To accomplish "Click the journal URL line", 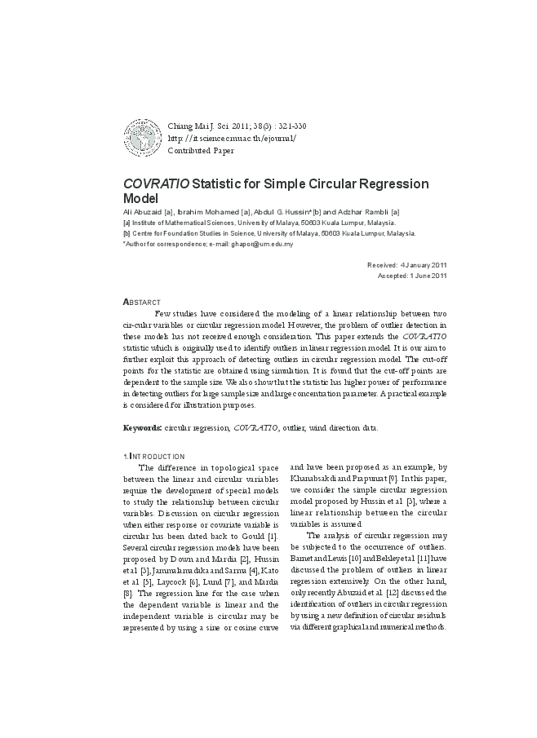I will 231,138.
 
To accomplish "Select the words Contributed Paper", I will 200,151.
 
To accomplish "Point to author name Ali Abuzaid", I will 142,212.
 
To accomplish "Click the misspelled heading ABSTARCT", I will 141,303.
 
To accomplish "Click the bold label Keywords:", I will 142,427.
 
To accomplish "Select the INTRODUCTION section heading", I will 155,456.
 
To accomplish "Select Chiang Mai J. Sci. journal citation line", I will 235,126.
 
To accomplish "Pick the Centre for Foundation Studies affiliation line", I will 269,233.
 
